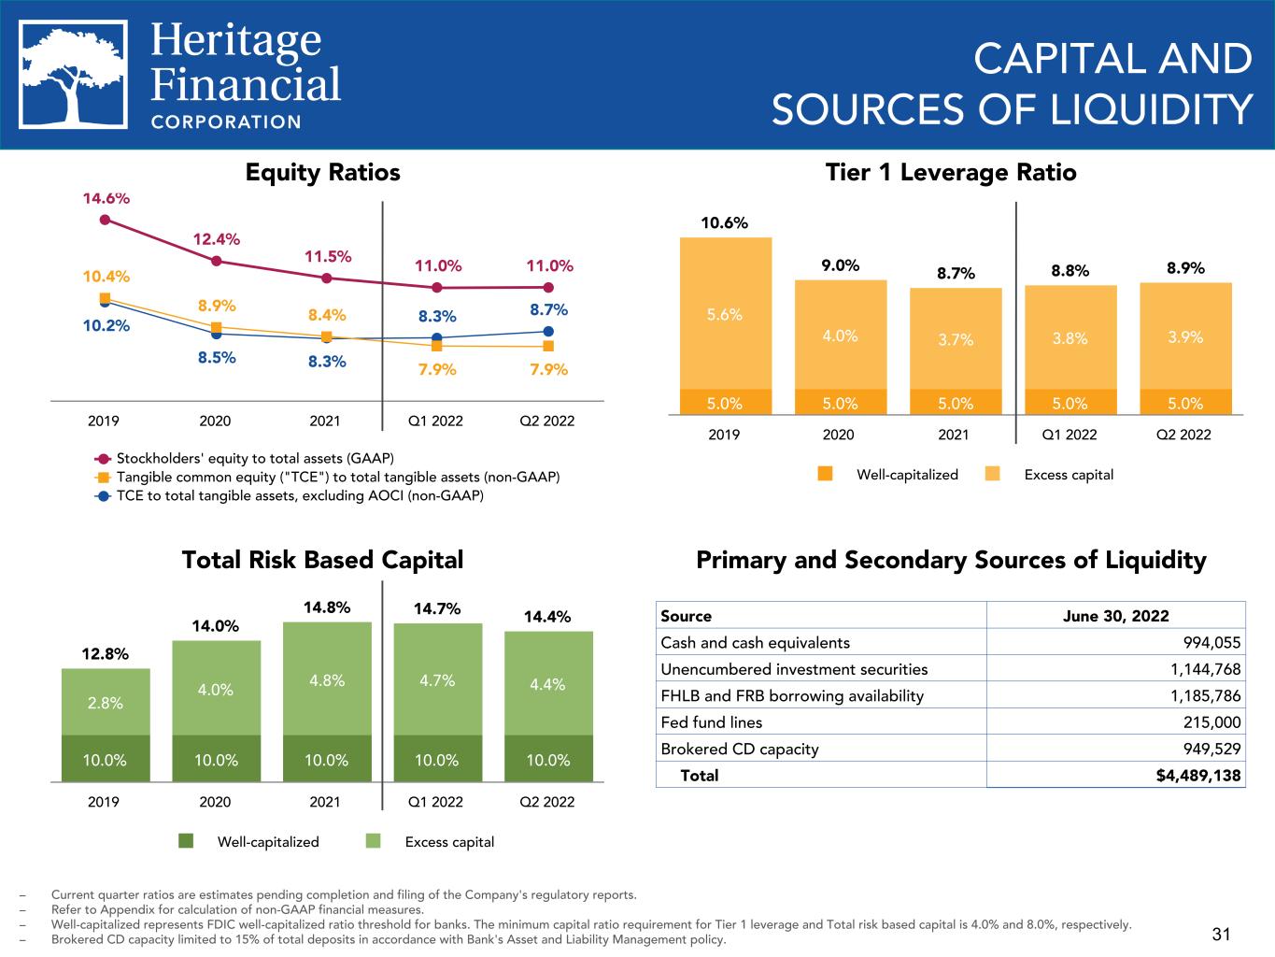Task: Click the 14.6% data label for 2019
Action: (106, 198)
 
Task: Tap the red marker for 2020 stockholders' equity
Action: (216, 261)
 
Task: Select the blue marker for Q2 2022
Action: (548, 331)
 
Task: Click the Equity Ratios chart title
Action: (322, 173)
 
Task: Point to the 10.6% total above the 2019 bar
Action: (725, 223)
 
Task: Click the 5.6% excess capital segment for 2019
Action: (725, 315)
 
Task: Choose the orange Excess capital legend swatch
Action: (992, 474)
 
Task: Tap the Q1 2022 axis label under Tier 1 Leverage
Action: (1069, 434)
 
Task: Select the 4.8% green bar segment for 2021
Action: (326, 679)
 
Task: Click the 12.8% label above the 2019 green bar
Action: (105, 653)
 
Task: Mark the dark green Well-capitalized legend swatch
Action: (186, 841)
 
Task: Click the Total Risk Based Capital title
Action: (322, 560)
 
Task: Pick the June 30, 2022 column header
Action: (1115, 615)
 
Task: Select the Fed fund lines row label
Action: (711, 722)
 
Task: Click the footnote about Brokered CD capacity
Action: (388, 939)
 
